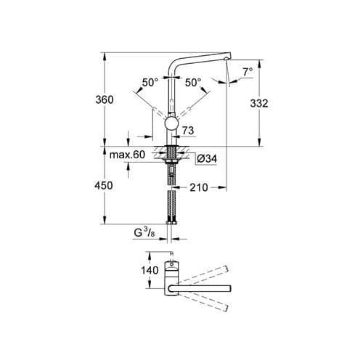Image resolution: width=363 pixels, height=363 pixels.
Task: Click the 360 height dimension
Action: tap(105, 99)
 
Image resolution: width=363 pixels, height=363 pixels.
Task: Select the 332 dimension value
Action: tap(259, 103)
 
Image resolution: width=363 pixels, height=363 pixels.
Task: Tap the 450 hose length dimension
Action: tap(105, 186)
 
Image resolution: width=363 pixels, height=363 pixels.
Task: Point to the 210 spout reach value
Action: tap(199, 187)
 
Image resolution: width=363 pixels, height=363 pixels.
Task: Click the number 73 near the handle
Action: tap(189, 131)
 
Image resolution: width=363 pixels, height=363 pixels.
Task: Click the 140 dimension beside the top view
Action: tap(150, 270)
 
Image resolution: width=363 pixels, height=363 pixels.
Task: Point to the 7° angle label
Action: tap(248, 72)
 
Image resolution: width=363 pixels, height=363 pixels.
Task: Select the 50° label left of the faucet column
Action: tap(150, 83)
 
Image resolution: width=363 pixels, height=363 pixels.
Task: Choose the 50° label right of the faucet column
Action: tap(193, 83)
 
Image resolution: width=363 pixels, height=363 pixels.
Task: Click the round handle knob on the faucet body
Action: tap(172, 123)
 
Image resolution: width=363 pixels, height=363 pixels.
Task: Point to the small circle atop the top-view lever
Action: tap(172, 254)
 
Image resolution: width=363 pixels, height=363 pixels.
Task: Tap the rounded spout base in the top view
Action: tap(171, 290)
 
